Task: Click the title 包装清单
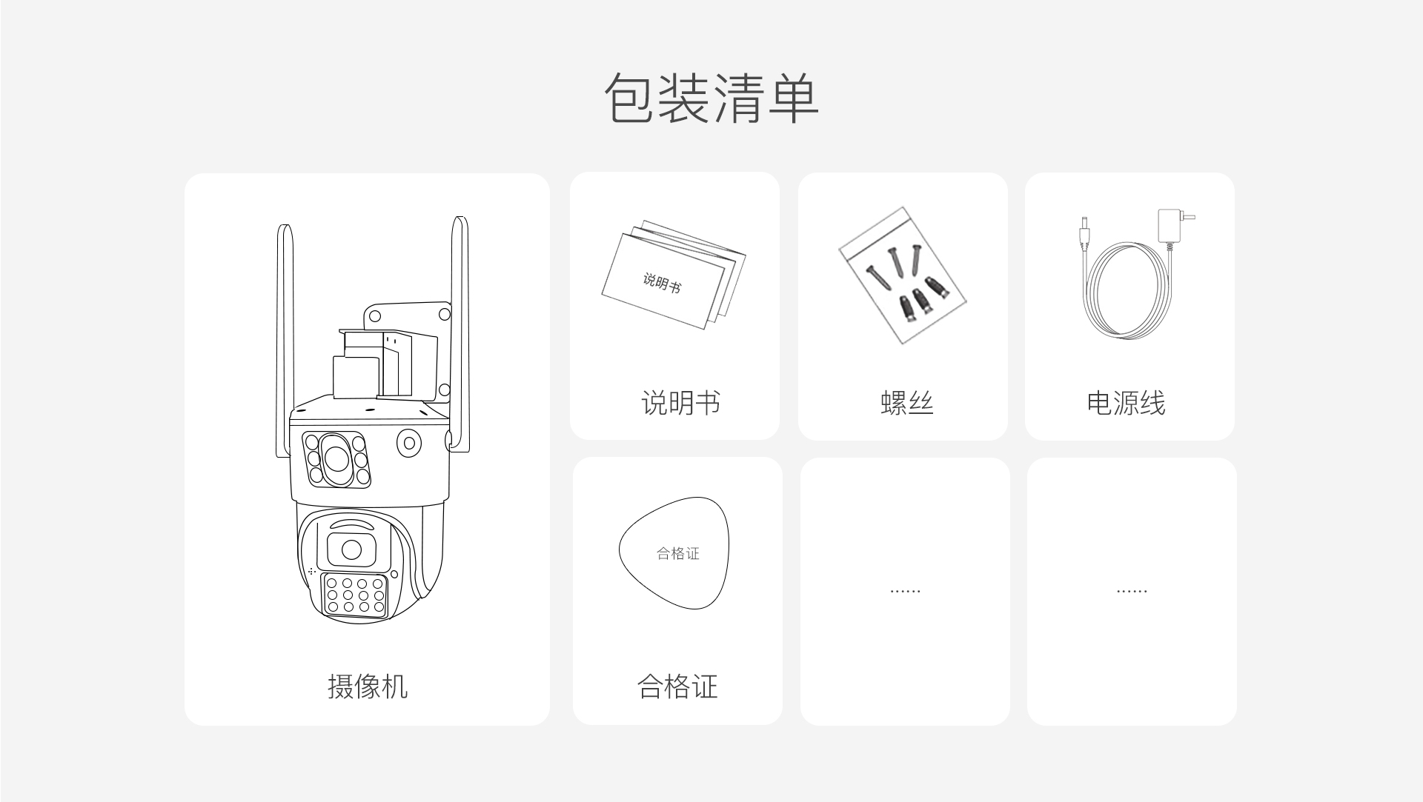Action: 711,98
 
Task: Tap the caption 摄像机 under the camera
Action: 368,686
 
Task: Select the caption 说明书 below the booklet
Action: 680,403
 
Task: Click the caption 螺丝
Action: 907,403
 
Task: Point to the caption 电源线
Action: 1126,403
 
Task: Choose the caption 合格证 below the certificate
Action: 677,686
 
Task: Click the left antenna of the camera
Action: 285,341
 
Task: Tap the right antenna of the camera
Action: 460,333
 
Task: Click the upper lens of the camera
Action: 336,459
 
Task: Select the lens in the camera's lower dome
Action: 351,550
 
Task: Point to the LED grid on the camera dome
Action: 355,595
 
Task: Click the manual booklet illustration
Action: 673,275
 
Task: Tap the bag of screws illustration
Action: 902,275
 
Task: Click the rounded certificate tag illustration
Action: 674,553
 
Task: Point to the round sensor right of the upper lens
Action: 408,444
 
